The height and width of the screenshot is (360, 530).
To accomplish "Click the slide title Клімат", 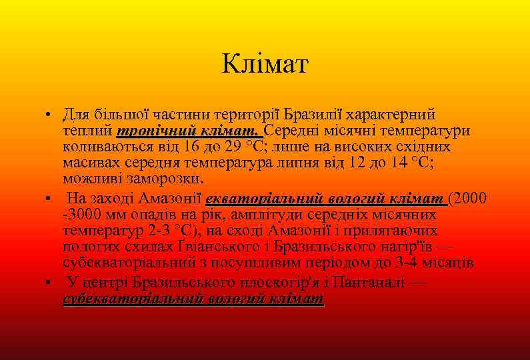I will (265, 65).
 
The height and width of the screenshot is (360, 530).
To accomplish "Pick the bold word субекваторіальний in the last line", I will (131, 299).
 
